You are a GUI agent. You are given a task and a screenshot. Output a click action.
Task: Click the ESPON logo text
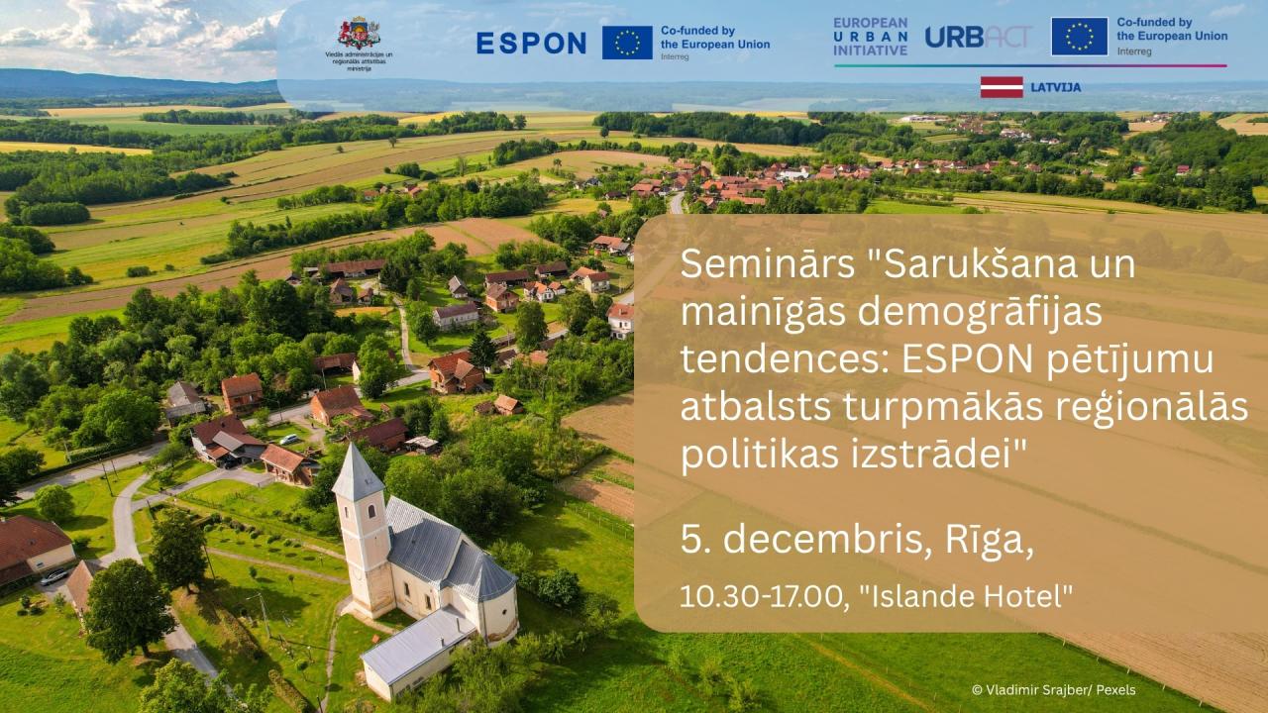tap(531, 43)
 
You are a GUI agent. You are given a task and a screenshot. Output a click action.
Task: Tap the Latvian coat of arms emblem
tap(359, 33)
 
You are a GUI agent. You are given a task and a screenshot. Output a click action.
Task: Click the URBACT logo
tap(978, 37)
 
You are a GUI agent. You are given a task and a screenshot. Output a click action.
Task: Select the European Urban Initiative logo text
tap(870, 37)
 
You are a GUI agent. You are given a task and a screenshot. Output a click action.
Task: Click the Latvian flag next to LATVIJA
tap(1002, 87)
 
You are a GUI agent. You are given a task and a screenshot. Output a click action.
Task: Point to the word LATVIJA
tap(1056, 87)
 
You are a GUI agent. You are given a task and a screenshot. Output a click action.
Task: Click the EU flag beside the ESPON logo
tap(627, 43)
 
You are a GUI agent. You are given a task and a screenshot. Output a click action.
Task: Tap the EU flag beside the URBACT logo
tap(1080, 37)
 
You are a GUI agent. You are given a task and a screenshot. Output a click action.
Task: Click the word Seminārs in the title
tap(768, 264)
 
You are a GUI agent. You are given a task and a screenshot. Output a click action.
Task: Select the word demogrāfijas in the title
tap(980, 314)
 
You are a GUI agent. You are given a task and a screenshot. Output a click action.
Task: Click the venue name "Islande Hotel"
tap(966, 596)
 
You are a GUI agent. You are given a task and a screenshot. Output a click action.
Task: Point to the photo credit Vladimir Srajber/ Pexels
tap(1053, 690)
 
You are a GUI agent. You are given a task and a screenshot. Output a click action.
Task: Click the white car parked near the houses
tap(289, 439)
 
